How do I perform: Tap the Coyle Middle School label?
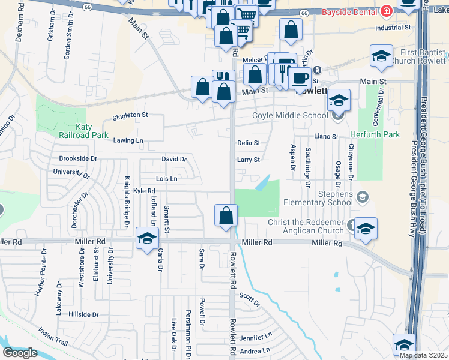coord(289,116)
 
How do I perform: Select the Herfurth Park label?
coord(375,134)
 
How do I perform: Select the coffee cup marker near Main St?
coord(299,77)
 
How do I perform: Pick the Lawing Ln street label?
coord(128,140)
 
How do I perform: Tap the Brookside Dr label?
coord(78,158)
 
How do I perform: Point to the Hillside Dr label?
coord(83,314)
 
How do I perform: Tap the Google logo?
coord(19,353)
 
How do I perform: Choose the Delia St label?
coord(248,143)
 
